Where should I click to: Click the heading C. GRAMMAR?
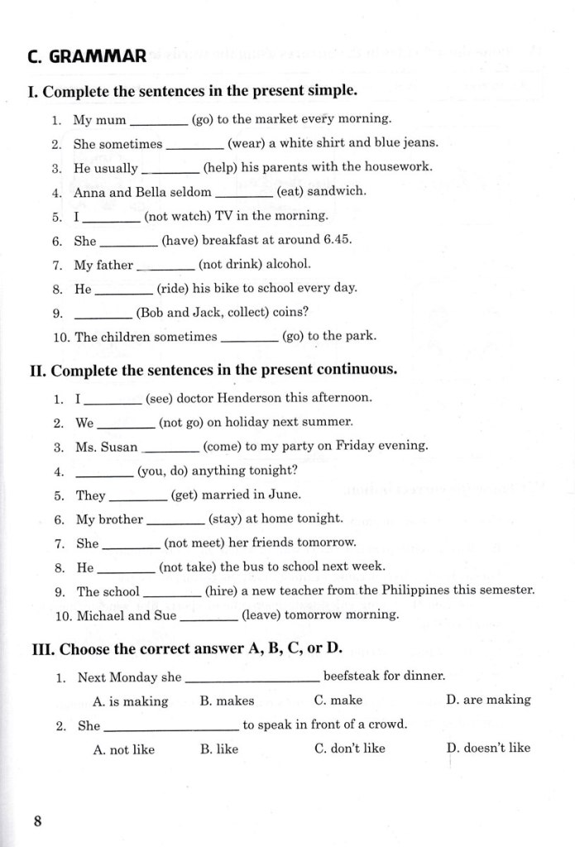point(86,56)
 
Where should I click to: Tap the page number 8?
point(37,821)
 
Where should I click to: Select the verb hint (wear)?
point(247,143)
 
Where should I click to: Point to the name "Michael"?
point(100,615)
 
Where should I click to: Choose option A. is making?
point(130,701)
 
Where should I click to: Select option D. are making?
point(488,700)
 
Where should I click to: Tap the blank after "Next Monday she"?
point(252,678)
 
